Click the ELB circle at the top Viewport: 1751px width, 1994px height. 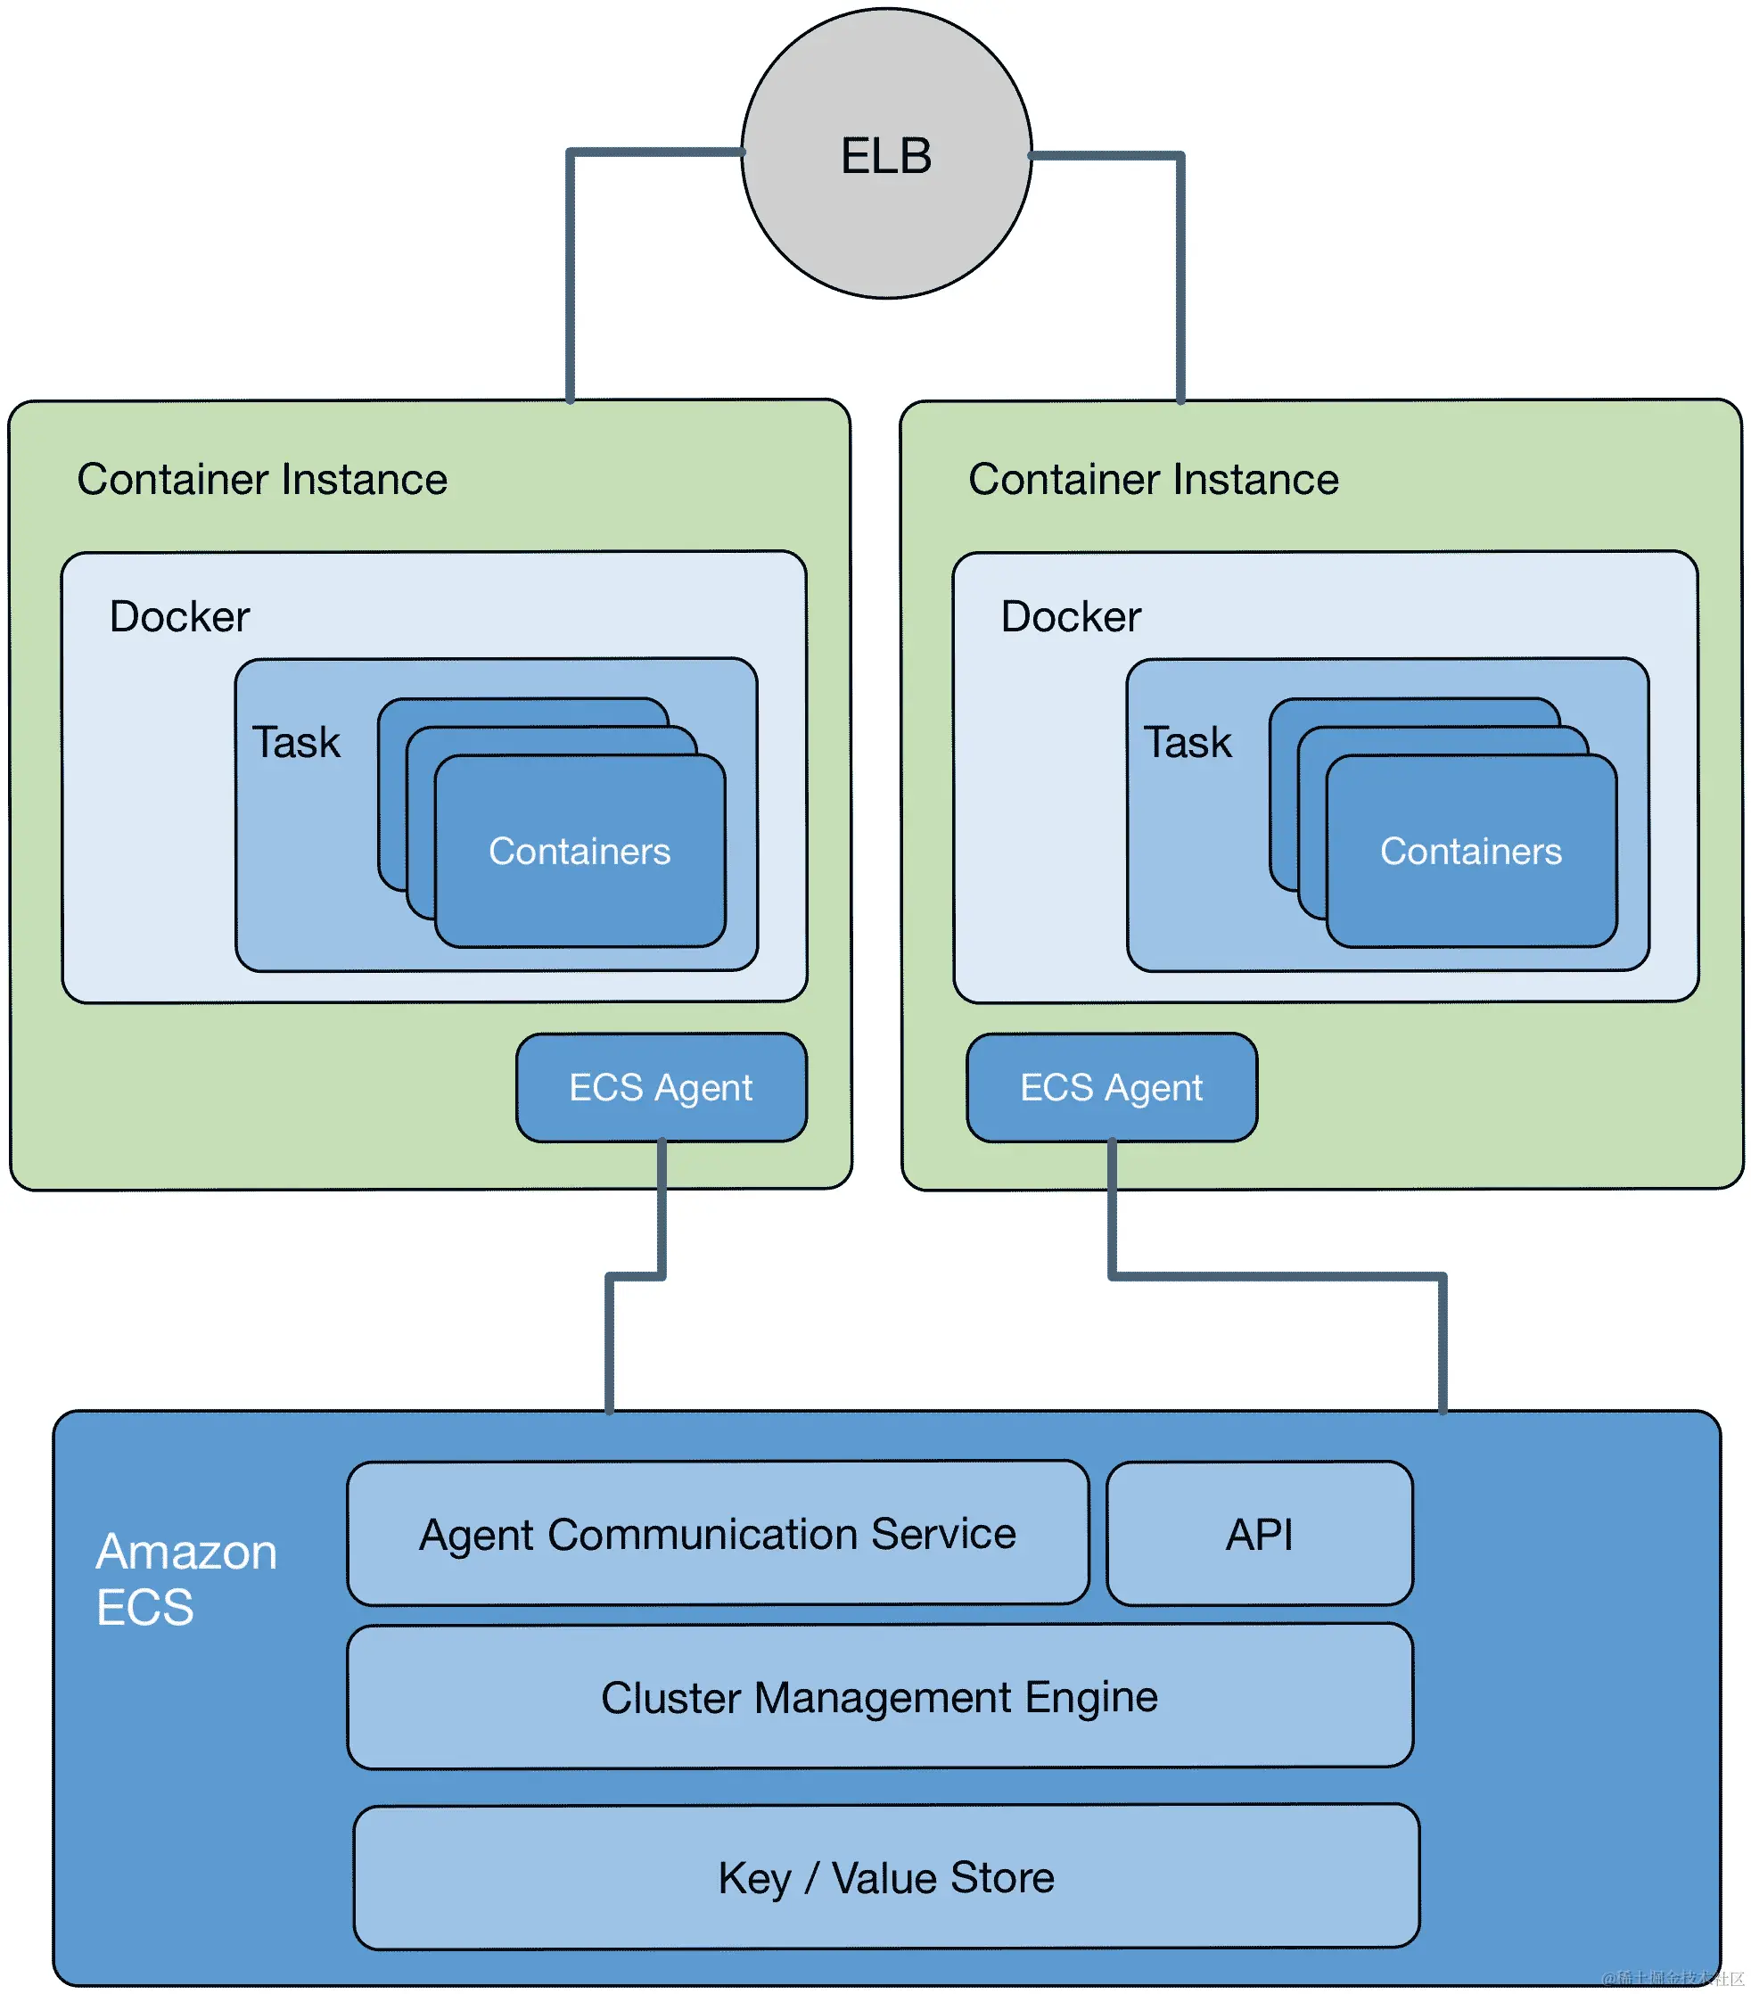(885, 154)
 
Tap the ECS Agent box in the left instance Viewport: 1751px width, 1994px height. (662, 1087)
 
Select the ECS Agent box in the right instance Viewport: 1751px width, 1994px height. (1111, 1087)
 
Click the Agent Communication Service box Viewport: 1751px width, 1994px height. (717, 1533)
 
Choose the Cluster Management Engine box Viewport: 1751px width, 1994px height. (879, 1696)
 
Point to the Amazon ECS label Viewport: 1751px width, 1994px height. (185, 1578)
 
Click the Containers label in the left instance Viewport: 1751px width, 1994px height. (580, 851)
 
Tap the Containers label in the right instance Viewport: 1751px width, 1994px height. (1470, 851)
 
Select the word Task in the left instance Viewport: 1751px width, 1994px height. (296, 741)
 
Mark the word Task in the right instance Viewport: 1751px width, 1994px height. (1188, 741)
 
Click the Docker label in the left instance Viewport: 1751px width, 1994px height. (179, 616)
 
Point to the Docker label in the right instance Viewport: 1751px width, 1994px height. (1070, 616)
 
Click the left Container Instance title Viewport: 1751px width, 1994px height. (261, 479)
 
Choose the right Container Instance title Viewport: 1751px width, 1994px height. (1152, 479)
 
